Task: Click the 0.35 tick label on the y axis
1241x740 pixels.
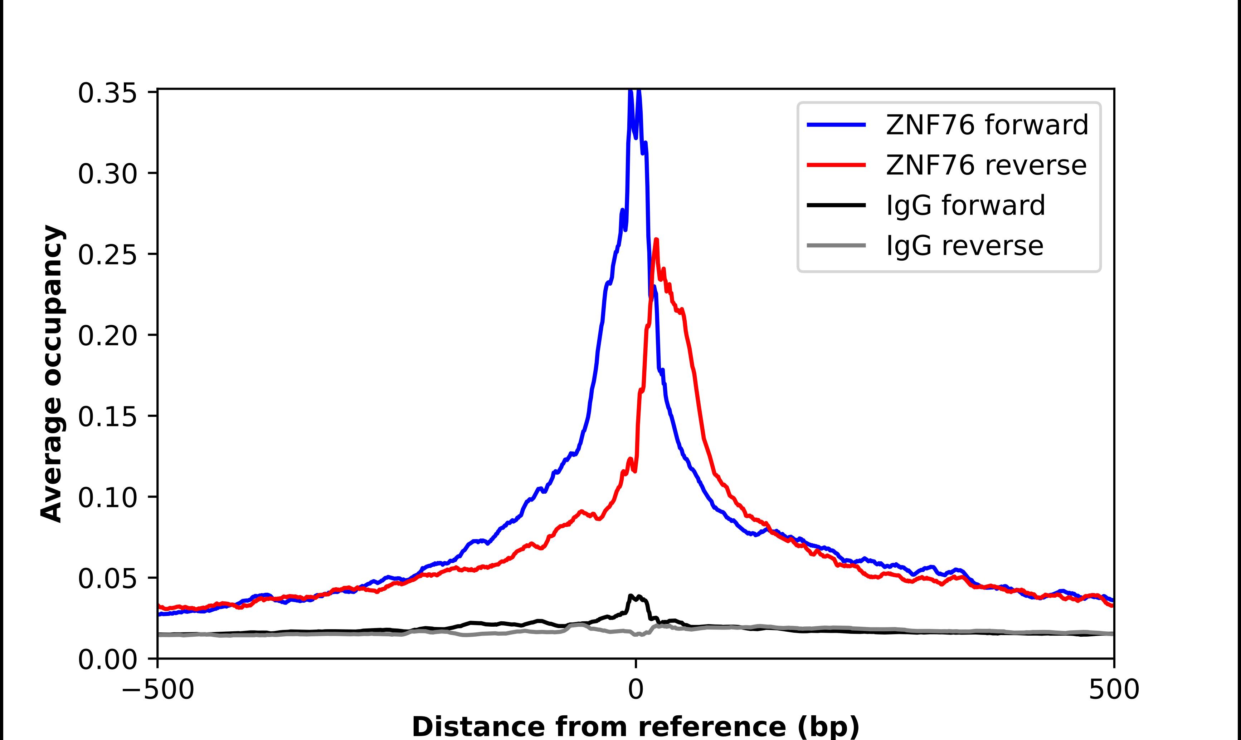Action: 107,94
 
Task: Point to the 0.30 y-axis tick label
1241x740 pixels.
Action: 107,174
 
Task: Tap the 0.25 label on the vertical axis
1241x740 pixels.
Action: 107,255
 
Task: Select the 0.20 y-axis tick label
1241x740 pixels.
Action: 107,336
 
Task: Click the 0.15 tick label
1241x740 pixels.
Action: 107,417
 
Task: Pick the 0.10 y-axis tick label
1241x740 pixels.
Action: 107,498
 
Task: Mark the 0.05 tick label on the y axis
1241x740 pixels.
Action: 107,579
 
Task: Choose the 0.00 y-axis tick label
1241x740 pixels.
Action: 107,660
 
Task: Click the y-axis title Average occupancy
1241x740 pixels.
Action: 52,374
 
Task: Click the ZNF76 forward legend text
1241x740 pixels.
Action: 987,125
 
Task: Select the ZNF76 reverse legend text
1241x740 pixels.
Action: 985,165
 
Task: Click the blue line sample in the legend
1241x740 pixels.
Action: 836,125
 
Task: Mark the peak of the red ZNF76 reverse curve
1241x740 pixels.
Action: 656,240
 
